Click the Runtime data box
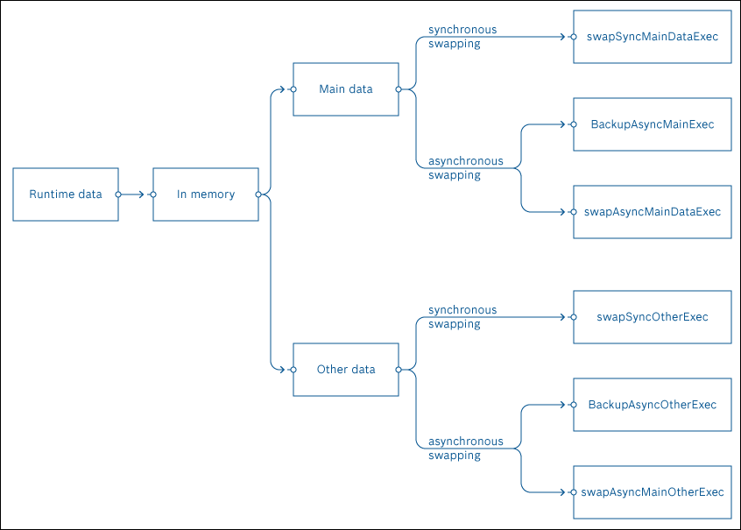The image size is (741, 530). [x=66, y=194]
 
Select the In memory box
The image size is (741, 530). [x=206, y=194]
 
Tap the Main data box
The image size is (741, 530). [x=345, y=89]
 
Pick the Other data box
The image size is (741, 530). [x=345, y=370]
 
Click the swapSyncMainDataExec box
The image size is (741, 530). [x=652, y=37]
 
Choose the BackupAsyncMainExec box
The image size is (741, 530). [x=652, y=124]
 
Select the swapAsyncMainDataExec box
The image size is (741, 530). [x=652, y=212]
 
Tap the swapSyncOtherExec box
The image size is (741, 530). [x=652, y=317]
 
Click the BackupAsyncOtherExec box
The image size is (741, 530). [x=652, y=405]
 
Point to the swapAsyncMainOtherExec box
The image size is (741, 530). [x=652, y=492]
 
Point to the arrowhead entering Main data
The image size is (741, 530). [x=281, y=89]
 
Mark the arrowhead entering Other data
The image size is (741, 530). [x=281, y=370]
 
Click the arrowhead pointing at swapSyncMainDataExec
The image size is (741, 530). [x=561, y=37]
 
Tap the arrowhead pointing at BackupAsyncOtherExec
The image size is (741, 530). [x=561, y=405]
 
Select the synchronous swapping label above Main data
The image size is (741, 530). [x=462, y=37]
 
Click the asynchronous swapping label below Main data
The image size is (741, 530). [x=465, y=168]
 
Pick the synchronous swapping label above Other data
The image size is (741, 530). [x=462, y=317]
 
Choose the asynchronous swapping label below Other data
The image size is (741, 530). [x=465, y=449]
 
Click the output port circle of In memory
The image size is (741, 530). [x=258, y=194]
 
